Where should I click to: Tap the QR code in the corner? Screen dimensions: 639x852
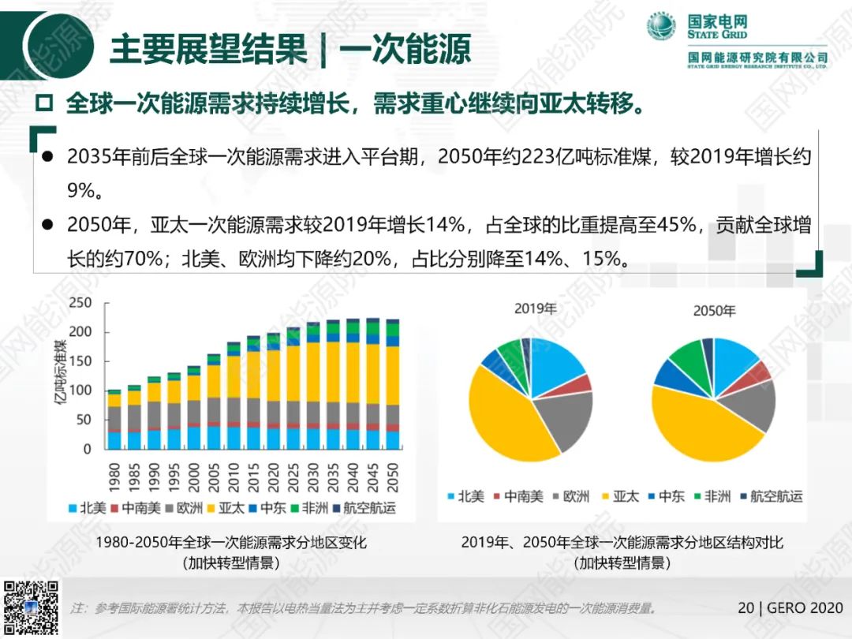(31, 608)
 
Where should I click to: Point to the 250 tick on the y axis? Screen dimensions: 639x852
(80, 303)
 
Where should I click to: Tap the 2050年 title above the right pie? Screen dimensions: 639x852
(714, 311)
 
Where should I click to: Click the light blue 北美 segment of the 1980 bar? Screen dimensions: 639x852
(114, 439)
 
